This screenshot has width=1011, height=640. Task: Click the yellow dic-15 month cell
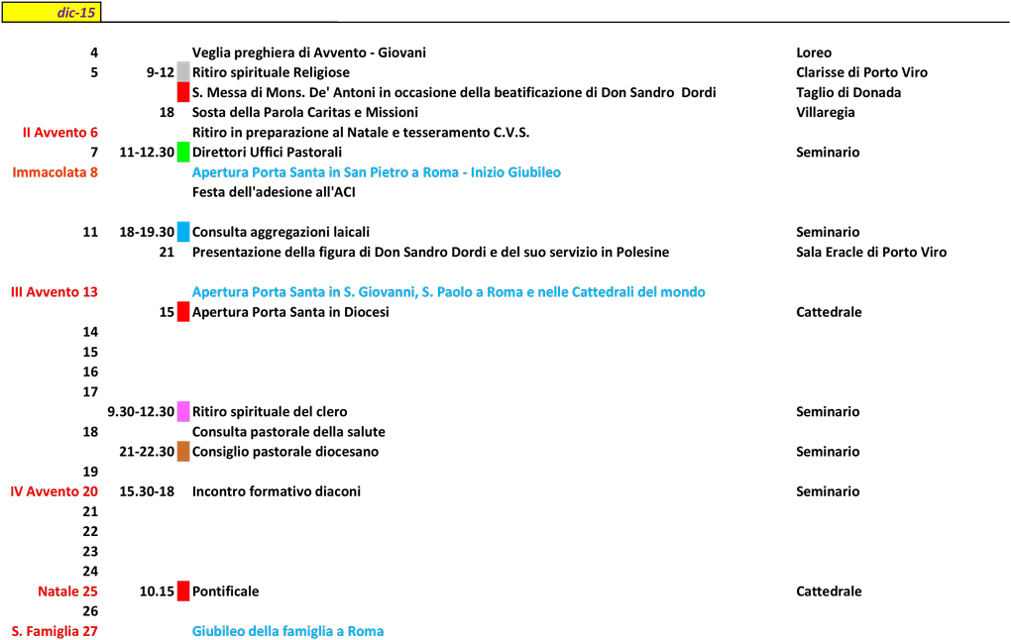[51, 12]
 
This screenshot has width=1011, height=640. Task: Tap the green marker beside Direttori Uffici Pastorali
[183, 152]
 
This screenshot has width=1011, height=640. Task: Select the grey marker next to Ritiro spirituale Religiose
[183, 71]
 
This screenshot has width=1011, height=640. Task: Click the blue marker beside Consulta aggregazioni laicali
[183, 232]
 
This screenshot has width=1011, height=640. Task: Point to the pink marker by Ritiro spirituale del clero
[183, 411]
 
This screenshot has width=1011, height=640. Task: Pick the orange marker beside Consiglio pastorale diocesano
[183, 452]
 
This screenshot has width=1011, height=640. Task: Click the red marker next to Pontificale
[183, 591]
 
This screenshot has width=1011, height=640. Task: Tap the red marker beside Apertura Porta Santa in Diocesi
[183, 312]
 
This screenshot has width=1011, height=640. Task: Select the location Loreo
[814, 53]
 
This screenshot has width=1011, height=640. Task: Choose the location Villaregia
[825, 112]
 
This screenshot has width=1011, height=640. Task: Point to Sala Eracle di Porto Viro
[871, 252]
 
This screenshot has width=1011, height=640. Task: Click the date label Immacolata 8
[56, 172]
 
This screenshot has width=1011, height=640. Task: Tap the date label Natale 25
[68, 591]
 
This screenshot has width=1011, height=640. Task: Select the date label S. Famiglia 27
[56, 631]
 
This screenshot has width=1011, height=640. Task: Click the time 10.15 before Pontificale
[157, 591]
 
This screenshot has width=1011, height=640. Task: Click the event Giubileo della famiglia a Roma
[287, 631]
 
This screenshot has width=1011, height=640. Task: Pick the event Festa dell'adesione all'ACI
[274, 192]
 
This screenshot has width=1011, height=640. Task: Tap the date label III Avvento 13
[55, 292]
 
